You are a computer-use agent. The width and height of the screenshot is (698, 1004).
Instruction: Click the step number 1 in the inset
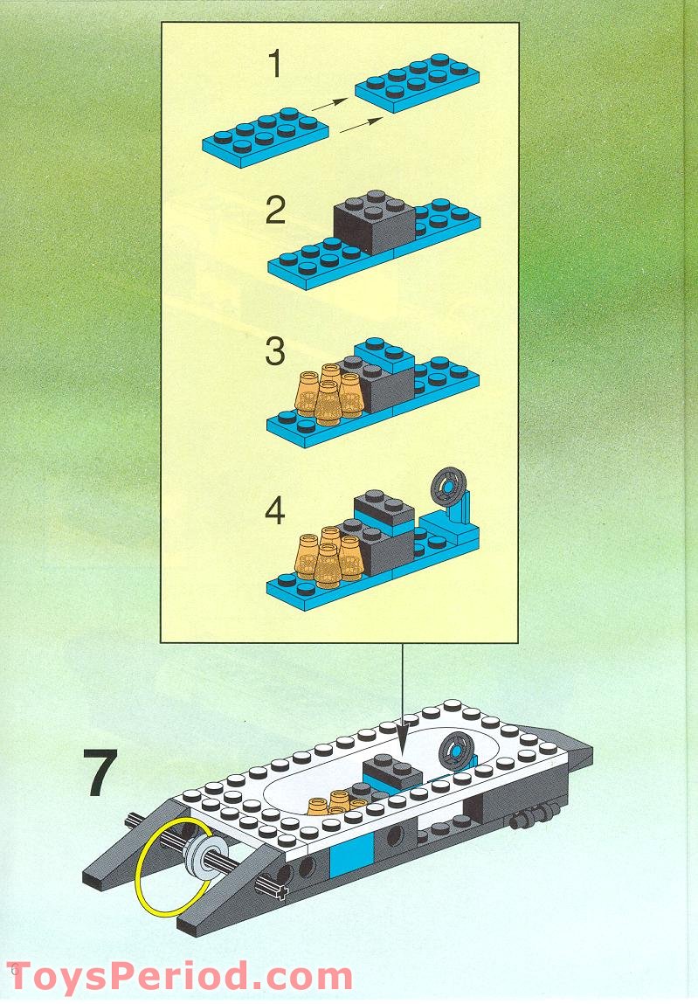[275, 65]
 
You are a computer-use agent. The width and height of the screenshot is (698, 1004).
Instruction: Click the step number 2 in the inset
[275, 211]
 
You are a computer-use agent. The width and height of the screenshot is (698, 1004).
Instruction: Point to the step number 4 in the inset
[275, 511]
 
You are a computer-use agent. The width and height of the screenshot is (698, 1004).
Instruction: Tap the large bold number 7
[102, 772]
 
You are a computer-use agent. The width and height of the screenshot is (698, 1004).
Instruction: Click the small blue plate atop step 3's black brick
[384, 357]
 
